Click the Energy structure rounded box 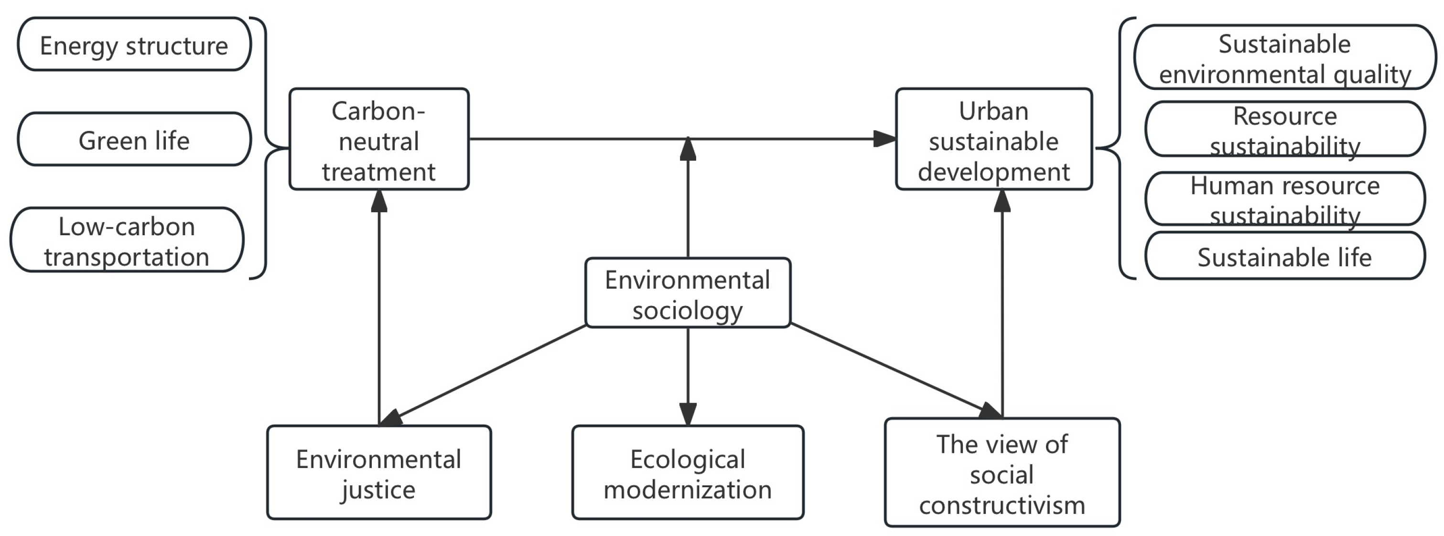134,44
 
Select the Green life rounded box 134,139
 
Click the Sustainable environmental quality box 1284,57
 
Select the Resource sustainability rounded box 1284,129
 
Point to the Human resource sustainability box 1284,199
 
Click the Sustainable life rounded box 1284,256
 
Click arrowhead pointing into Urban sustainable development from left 885,139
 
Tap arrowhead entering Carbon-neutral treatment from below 379,201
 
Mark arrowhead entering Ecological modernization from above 688,414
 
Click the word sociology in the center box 688,309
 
